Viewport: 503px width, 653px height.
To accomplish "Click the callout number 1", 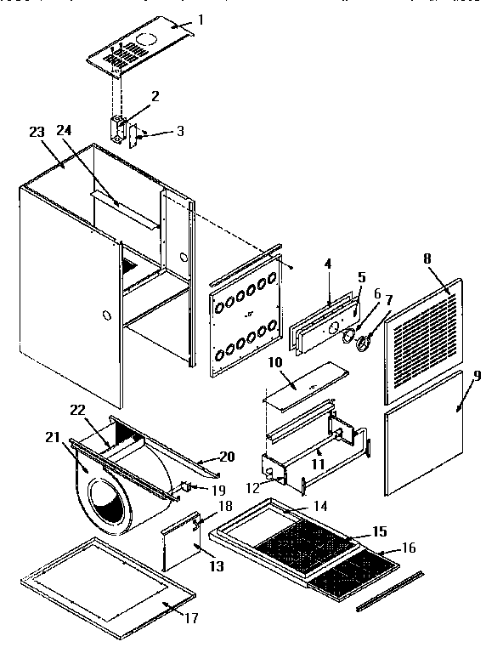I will (201, 20).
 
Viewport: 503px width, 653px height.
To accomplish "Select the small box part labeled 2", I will (118, 128).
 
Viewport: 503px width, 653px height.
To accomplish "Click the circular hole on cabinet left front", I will (105, 316).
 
